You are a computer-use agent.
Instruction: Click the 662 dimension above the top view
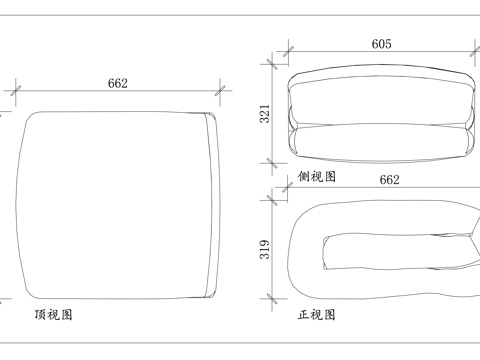click(x=118, y=84)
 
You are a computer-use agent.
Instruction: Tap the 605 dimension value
click(x=381, y=44)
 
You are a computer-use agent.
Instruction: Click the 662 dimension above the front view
click(x=389, y=180)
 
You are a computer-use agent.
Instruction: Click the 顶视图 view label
click(x=53, y=314)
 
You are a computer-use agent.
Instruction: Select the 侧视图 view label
click(x=316, y=176)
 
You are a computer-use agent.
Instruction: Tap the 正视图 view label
click(x=316, y=314)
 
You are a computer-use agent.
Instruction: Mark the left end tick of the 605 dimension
click(x=288, y=53)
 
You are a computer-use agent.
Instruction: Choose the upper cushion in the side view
click(x=381, y=98)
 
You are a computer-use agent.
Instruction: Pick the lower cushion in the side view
click(x=381, y=140)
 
